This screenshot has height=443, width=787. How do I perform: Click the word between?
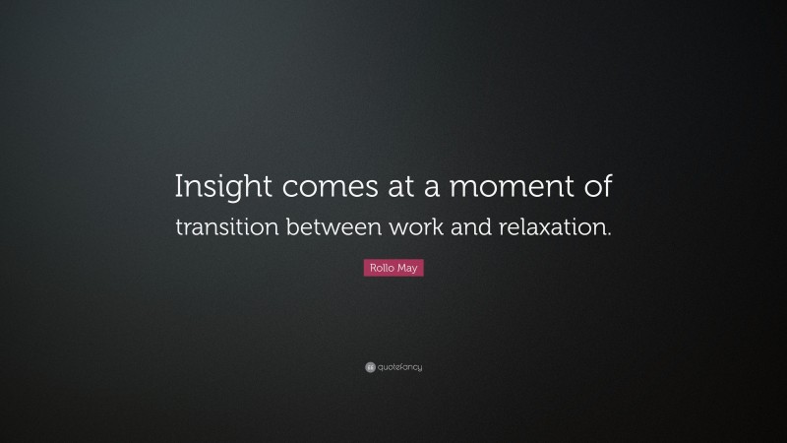pyautogui.click(x=326, y=227)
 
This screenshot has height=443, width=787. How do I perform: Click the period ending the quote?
pyautogui.click(x=609, y=233)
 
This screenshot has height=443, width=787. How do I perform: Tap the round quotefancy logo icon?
pyautogui.click(x=370, y=367)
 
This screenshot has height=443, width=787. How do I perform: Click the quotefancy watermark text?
pyautogui.click(x=400, y=367)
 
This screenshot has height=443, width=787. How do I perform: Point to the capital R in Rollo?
pyautogui.click(x=372, y=268)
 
